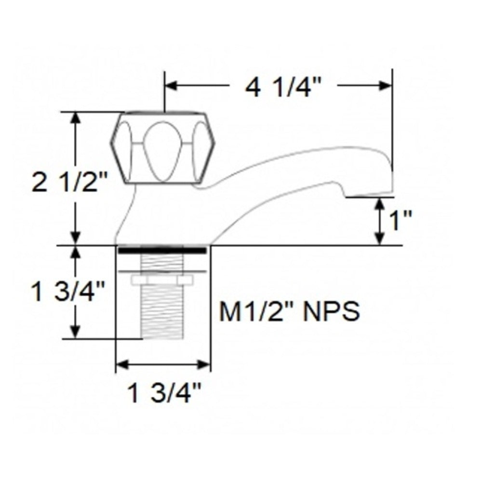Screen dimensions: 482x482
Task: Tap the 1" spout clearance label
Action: tap(400, 222)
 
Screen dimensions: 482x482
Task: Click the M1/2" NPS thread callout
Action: tap(290, 312)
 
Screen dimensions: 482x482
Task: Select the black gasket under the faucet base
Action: tap(162, 250)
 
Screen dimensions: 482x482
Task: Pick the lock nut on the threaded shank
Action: tap(162, 279)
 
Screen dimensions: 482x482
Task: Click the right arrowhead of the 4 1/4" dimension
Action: tap(386, 86)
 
